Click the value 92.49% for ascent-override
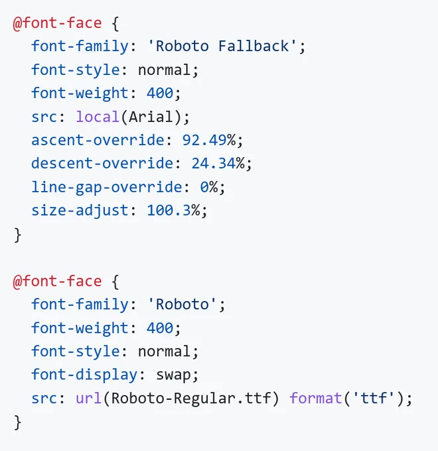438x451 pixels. click(x=209, y=140)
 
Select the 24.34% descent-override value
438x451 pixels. click(x=218, y=163)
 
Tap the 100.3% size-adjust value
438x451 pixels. click(x=173, y=210)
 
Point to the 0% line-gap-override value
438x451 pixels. click(x=209, y=187)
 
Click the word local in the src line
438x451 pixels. click(x=98, y=117)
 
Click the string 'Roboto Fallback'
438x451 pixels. click(x=222, y=46)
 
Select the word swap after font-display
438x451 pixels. click(x=173, y=375)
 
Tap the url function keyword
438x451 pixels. click(x=89, y=399)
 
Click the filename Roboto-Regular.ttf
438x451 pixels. click(x=191, y=399)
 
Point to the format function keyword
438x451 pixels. click(x=316, y=399)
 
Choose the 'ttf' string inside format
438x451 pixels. click(x=374, y=399)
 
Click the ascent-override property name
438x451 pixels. click(x=98, y=140)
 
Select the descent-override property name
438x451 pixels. click(x=102, y=163)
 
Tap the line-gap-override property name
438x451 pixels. click(x=106, y=188)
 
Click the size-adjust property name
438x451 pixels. click(x=80, y=211)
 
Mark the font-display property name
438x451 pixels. click(x=84, y=375)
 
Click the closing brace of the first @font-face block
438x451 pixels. click(x=17, y=235)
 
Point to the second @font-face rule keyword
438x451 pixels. click(x=58, y=281)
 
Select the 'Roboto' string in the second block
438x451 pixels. click(x=182, y=304)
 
